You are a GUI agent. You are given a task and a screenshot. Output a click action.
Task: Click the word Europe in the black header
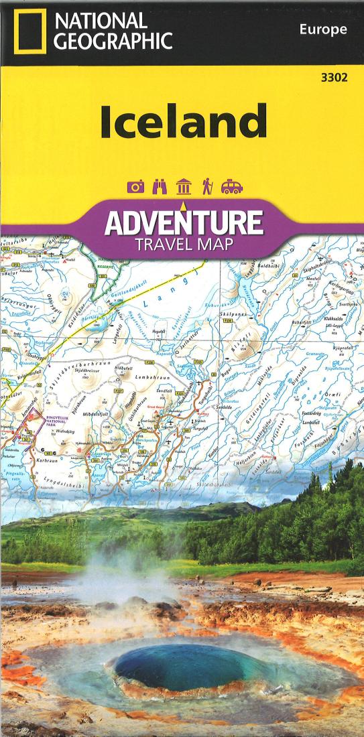[323, 29]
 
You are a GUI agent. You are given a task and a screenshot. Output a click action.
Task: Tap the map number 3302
[334, 78]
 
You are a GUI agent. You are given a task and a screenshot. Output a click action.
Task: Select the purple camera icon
[136, 187]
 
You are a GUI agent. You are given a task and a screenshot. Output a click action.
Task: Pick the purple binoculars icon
[160, 187]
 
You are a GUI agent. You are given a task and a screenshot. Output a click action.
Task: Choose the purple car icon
[232, 187]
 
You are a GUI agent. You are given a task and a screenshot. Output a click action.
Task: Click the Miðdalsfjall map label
[97, 414]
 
